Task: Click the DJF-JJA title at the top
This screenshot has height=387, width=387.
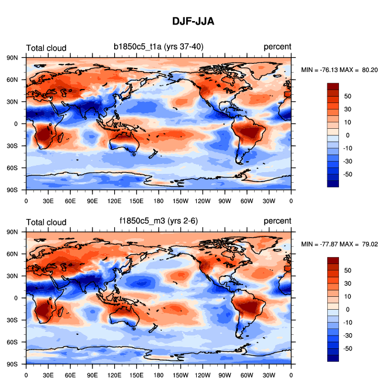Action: click(x=193, y=21)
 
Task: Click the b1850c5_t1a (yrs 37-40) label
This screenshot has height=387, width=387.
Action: click(x=159, y=47)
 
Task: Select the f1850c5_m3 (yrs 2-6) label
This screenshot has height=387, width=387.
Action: click(x=159, y=221)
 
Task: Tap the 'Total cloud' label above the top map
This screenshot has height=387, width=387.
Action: click(x=46, y=48)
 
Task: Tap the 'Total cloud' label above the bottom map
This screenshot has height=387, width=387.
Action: click(x=46, y=221)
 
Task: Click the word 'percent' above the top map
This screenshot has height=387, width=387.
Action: click(x=277, y=47)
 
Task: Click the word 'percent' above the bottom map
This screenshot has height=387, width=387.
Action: click(x=277, y=221)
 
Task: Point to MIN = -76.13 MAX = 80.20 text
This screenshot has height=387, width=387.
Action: click(x=340, y=70)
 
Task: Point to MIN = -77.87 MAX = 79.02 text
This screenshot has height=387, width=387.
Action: click(x=340, y=244)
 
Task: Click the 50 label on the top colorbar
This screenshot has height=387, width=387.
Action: click(x=347, y=96)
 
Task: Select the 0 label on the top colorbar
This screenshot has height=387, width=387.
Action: click(x=347, y=135)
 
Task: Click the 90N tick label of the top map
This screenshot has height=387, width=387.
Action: click(x=12, y=57)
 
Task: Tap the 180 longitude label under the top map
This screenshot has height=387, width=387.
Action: click(x=158, y=200)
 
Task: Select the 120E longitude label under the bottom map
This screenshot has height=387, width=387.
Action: click(x=114, y=374)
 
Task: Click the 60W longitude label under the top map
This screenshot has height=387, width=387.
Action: click(x=247, y=200)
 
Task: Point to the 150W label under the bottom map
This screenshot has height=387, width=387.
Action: click(x=180, y=374)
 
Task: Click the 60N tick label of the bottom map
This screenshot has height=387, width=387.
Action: click(x=12, y=254)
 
